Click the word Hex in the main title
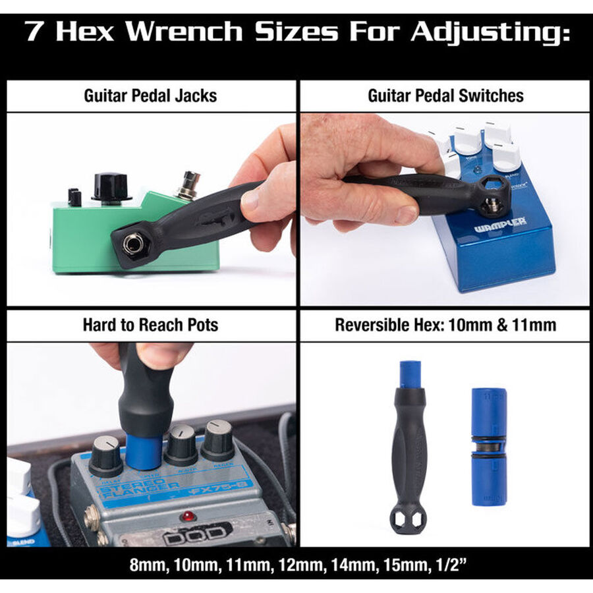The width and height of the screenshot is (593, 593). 90,31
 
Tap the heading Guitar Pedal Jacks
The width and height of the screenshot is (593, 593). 150,96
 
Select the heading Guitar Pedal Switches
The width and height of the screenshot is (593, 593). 445,96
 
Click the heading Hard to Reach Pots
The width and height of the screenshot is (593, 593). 150,325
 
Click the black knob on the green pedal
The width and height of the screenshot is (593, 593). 111,186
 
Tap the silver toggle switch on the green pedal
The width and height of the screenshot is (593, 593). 190,185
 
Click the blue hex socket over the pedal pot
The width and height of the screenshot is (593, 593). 144,451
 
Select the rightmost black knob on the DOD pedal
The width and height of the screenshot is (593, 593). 217,440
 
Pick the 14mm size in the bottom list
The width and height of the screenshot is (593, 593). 343,565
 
